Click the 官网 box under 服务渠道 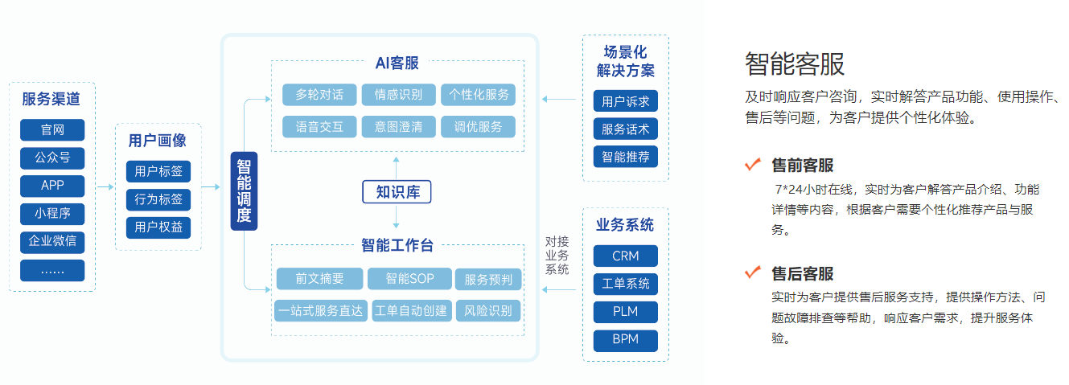pyautogui.click(x=52, y=130)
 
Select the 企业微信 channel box pyautogui.click(x=52, y=241)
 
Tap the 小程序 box pyautogui.click(x=52, y=214)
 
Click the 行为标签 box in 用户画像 pyautogui.click(x=158, y=199)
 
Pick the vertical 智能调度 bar pyautogui.click(x=244, y=190)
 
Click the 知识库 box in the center pyautogui.click(x=397, y=192)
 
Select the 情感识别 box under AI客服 pyautogui.click(x=397, y=95)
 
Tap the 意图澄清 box pyautogui.click(x=397, y=126)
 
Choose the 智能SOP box pyautogui.click(x=409, y=279)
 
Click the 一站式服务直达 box pyautogui.click(x=320, y=310)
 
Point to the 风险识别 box pyautogui.click(x=488, y=310)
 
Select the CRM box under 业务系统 pyautogui.click(x=625, y=256)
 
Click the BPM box pyautogui.click(x=625, y=339)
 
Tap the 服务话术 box pyautogui.click(x=625, y=129)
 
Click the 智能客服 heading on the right pyautogui.click(x=795, y=63)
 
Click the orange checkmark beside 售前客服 pyautogui.click(x=753, y=165)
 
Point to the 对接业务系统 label pyautogui.click(x=557, y=255)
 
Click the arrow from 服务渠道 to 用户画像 pyautogui.click(x=105, y=186)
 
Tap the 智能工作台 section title pyautogui.click(x=397, y=245)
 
